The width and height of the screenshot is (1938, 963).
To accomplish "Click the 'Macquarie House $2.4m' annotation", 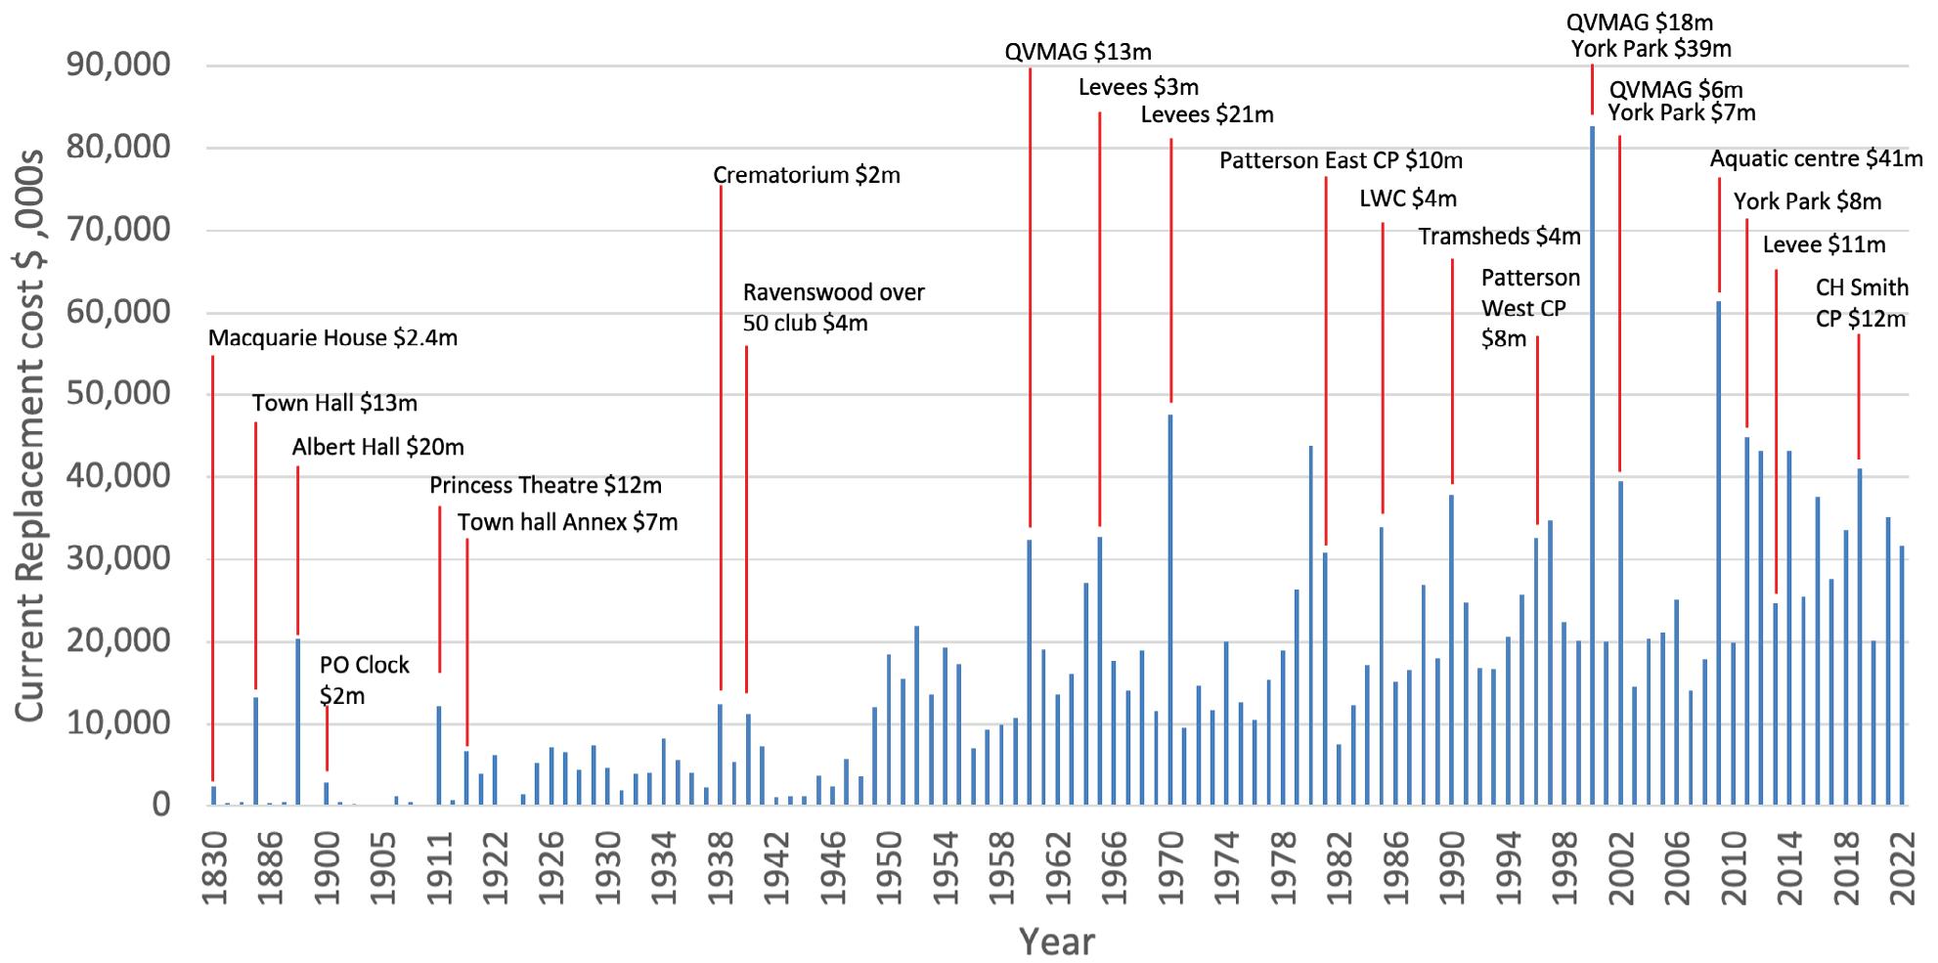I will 332,338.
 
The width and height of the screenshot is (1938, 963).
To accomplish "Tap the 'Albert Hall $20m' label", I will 377,448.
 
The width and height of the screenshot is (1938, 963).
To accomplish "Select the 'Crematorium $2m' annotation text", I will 806,176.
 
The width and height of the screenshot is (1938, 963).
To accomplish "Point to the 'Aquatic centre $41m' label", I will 1816,158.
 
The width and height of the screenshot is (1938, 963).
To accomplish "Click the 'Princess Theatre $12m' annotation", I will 545,485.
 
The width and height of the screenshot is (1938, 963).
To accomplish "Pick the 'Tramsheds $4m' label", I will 1499,237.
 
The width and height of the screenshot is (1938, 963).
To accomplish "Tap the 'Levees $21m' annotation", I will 1207,115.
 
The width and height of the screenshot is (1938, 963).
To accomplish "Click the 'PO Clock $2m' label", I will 364,680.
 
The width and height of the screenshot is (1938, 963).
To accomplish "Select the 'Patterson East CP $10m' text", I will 1341,160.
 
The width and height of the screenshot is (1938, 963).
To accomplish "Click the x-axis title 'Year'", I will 1056,941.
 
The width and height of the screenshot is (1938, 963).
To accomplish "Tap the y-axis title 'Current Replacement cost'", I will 29,436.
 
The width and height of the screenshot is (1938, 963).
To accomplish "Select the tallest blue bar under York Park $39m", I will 1592,465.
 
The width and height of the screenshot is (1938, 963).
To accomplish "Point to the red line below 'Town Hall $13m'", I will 255,557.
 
